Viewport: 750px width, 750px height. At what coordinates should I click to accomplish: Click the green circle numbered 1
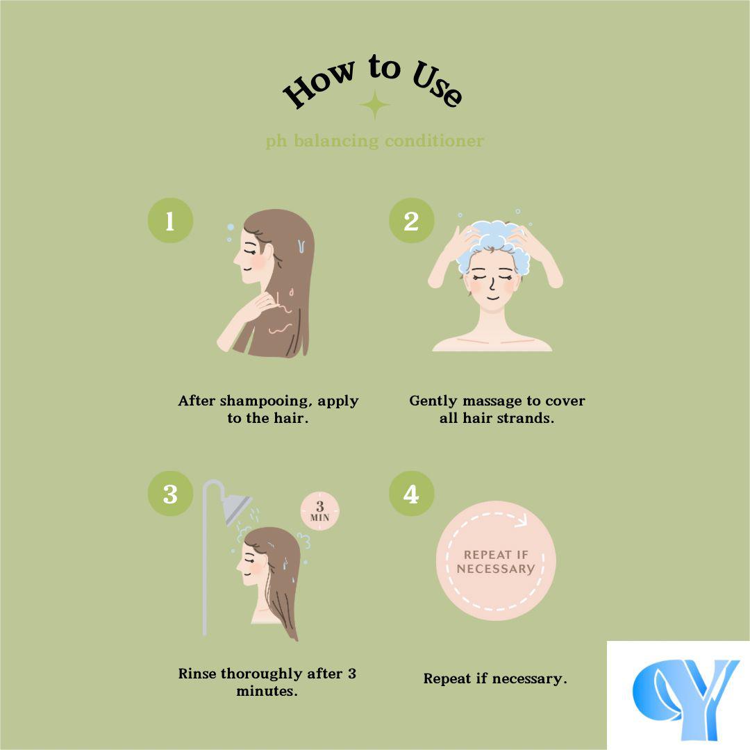tap(170, 221)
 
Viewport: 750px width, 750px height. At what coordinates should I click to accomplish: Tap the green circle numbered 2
tap(411, 221)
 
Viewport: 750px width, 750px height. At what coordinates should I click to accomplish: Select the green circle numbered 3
tap(170, 494)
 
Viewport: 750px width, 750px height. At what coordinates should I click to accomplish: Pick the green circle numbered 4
tap(411, 494)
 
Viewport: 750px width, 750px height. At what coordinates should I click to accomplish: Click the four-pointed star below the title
tap(374, 105)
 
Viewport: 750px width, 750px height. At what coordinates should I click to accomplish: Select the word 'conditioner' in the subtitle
tap(434, 141)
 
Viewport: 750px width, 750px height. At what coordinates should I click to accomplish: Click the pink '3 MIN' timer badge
tap(320, 510)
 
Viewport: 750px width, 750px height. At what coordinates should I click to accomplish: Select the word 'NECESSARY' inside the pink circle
tap(496, 569)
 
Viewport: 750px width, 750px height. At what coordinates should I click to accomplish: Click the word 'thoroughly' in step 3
tap(261, 674)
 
